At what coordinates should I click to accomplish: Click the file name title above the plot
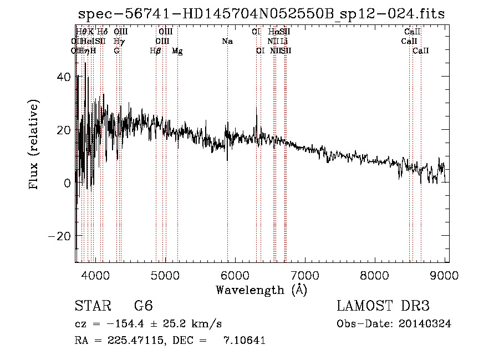(261, 14)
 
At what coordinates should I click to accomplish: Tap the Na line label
(227, 41)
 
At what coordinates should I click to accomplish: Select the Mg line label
(177, 51)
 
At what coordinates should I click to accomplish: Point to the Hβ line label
(156, 51)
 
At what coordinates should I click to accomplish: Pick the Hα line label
(273, 32)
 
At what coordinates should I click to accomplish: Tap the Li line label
(283, 41)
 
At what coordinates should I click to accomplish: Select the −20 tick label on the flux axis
(59, 236)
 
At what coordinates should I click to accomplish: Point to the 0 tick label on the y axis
(66, 182)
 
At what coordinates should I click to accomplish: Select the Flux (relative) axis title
(34, 146)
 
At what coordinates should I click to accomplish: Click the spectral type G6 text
(143, 306)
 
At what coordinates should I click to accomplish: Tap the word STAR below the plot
(93, 306)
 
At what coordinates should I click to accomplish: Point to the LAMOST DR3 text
(383, 306)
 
